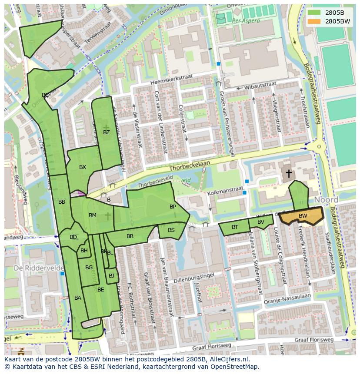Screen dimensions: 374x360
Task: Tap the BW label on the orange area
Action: [x=303, y=216]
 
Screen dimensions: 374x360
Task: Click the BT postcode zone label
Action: [x=235, y=227]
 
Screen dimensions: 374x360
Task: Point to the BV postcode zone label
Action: [x=261, y=222]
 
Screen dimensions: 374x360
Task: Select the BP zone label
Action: [x=173, y=207]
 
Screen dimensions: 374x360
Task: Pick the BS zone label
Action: [x=171, y=230]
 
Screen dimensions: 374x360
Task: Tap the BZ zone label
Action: [x=107, y=132]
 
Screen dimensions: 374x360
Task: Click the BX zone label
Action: [x=83, y=167]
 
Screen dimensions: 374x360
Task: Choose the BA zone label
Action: [x=78, y=298]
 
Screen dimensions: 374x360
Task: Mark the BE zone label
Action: [x=100, y=290]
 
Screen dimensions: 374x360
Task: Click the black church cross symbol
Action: [x=289, y=173]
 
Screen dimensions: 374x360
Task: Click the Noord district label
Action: [x=326, y=200]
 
